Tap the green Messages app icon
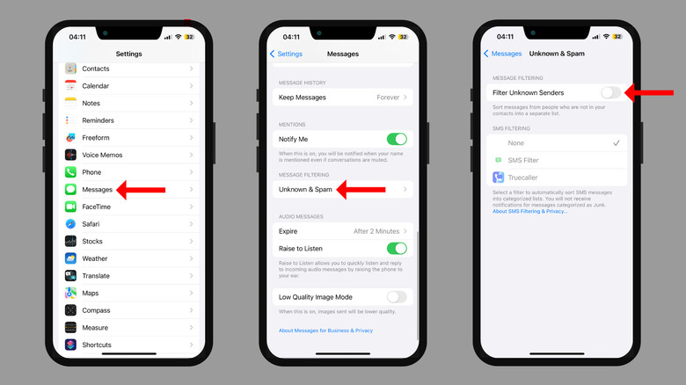click(70, 190)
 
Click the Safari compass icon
click(70, 224)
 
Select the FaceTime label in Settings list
click(96, 207)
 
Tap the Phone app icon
click(70, 172)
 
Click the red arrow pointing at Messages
click(141, 190)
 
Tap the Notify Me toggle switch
click(397, 139)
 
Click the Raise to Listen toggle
click(397, 249)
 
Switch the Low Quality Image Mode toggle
click(397, 297)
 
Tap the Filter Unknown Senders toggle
click(610, 93)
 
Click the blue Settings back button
click(286, 54)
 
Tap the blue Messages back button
click(503, 54)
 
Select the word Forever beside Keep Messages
click(388, 97)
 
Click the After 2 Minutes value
click(376, 231)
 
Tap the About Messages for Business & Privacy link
click(326, 331)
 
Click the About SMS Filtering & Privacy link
click(529, 211)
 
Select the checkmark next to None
click(617, 143)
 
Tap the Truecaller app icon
click(499, 178)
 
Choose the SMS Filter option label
click(523, 160)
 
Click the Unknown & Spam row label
click(305, 190)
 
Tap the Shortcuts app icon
click(70, 345)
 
